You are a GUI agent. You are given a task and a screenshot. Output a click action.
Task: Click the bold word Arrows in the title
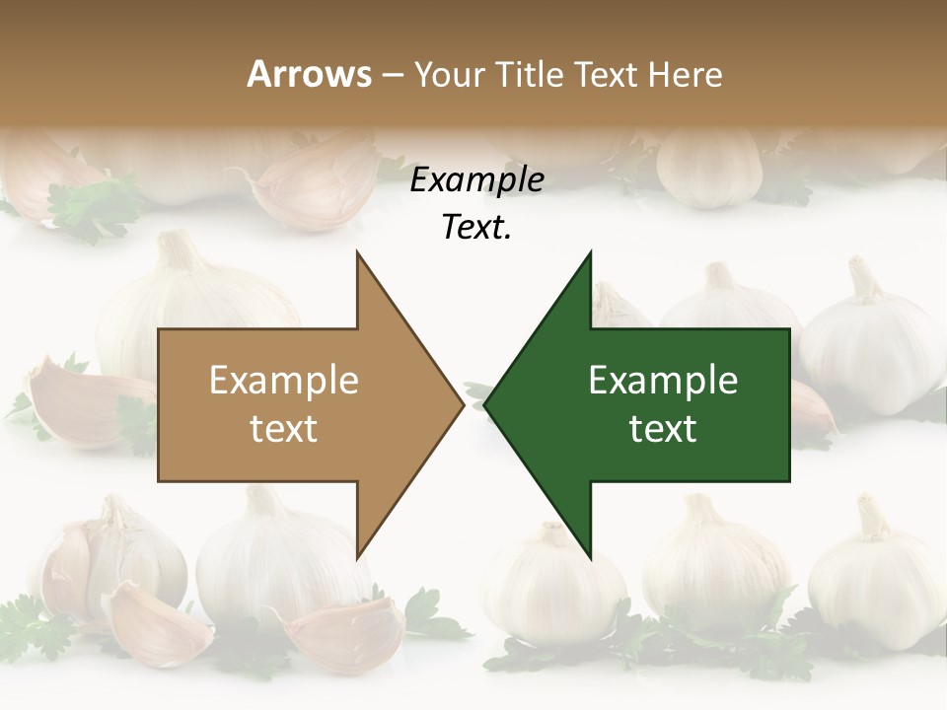point(309,74)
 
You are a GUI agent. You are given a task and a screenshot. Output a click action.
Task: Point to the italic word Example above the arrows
point(476,179)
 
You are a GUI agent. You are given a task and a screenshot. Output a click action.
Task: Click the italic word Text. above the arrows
point(476,227)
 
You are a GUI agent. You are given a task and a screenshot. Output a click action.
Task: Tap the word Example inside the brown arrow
point(283,381)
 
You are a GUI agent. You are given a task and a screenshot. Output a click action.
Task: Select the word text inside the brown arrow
point(283,428)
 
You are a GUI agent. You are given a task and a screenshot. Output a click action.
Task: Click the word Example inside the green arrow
point(663,381)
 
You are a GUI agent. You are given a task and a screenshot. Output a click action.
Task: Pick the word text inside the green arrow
point(663,428)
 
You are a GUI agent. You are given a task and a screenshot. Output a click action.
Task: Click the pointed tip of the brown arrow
point(463,404)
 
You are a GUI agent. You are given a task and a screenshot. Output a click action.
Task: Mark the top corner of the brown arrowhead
point(357,252)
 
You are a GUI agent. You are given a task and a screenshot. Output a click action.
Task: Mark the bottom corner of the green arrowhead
point(591,558)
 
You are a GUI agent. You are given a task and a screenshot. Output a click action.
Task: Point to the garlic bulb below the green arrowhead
point(552,582)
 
